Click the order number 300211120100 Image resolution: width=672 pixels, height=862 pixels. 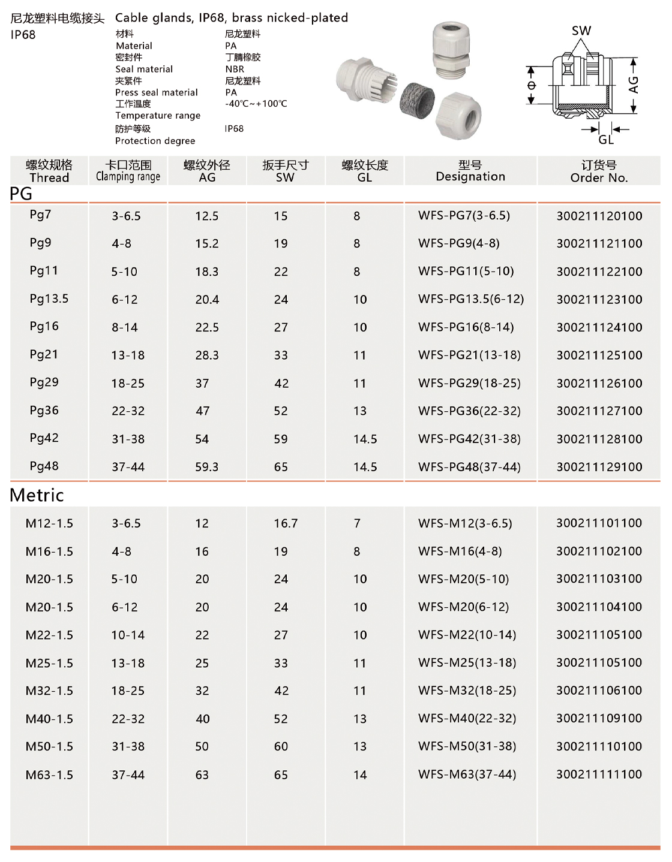click(599, 216)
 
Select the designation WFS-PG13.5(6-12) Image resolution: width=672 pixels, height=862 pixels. click(471, 299)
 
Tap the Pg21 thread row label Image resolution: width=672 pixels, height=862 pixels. click(44, 354)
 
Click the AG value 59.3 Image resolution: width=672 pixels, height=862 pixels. click(206, 467)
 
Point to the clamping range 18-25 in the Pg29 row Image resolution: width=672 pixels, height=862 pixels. click(128, 383)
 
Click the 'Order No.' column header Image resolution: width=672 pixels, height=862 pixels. click(599, 171)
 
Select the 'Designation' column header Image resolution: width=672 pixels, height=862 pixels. click(470, 171)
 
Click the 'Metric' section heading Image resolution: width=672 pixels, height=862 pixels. click(37, 495)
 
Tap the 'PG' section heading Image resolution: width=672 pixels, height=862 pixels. click(21, 194)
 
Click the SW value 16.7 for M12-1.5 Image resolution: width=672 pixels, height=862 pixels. click(286, 523)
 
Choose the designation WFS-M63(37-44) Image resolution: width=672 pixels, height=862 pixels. click(467, 774)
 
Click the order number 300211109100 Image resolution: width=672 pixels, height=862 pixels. click(599, 718)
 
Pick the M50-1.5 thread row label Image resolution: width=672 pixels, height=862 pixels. click(49, 746)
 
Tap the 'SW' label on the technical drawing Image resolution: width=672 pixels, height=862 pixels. click(581, 31)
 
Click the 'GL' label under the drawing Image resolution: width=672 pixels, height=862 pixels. click(606, 140)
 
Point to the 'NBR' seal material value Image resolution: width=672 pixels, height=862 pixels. click(235, 69)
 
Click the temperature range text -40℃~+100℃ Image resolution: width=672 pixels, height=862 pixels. click(256, 104)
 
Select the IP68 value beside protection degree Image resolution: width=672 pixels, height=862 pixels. click(234, 128)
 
